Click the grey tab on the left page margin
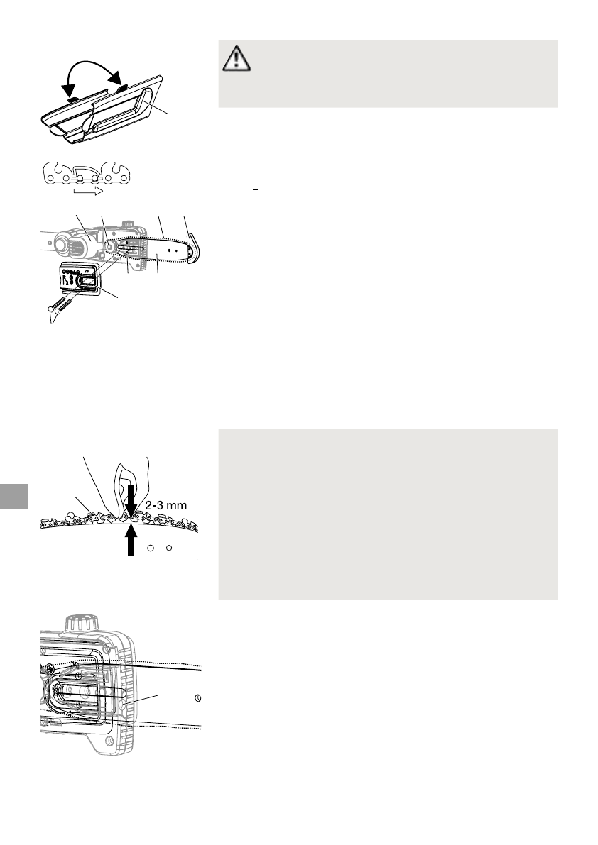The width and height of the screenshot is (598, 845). click(13, 497)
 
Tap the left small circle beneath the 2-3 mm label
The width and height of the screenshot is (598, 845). click(151, 548)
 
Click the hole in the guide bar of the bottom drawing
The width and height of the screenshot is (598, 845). click(198, 697)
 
